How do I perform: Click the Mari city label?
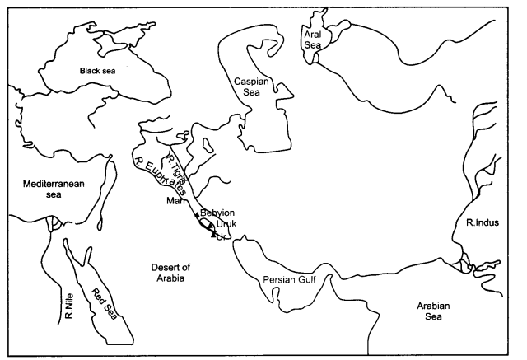click(x=175, y=200)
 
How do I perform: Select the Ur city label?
click(x=220, y=236)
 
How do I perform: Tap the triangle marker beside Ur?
click(x=212, y=234)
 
